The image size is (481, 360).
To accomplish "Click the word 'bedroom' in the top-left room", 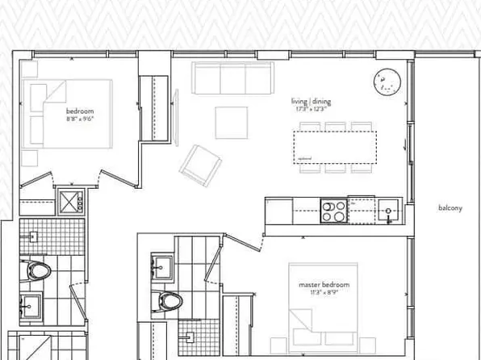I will point(81,110).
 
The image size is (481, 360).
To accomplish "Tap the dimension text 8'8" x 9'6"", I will point(81,118).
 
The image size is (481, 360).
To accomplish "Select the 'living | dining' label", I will point(312,101).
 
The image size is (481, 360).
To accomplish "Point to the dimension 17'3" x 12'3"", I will point(312,108).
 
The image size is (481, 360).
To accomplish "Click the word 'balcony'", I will point(450,208).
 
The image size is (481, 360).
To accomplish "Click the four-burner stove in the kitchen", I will point(333,211).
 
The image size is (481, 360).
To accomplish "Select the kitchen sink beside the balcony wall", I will point(388,211).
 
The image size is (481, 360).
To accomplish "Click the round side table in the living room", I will point(387,81).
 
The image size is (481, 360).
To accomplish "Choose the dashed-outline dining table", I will point(334,148).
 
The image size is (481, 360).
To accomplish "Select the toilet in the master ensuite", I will point(171,302).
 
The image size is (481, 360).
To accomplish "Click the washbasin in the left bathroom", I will point(33,304).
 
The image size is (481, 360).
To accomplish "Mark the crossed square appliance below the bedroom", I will point(70,201).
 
